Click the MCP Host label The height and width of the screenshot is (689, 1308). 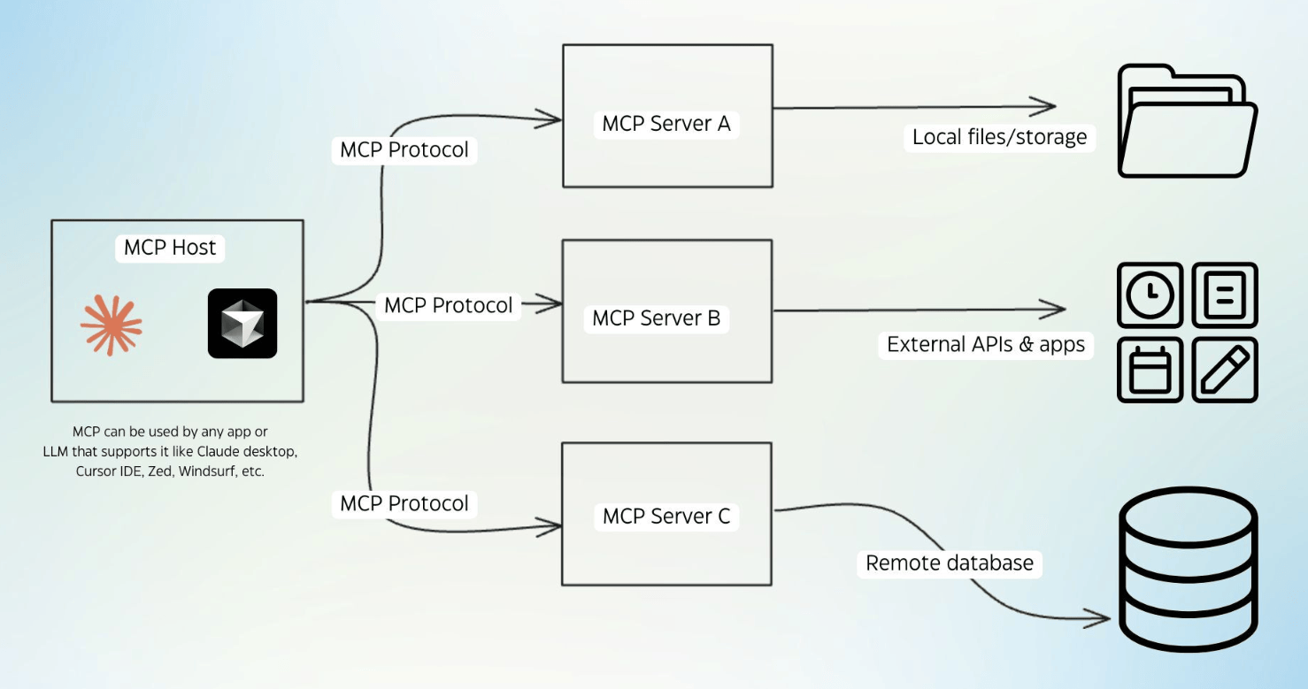(x=170, y=248)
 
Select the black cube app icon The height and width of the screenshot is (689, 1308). (x=242, y=324)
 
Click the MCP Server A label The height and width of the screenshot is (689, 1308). (x=666, y=124)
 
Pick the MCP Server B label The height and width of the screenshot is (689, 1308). (x=657, y=318)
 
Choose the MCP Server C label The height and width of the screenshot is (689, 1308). (x=666, y=517)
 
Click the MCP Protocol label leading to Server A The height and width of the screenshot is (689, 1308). (x=404, y=150)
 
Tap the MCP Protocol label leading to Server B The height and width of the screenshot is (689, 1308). (x=448, y=306)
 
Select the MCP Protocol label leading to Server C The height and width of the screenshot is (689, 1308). (x=404, y=504)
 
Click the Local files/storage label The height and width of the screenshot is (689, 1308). (x=999, y=138)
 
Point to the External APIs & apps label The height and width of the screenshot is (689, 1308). (x=986, y=345)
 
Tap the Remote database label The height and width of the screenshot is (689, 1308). (x=949, y=563)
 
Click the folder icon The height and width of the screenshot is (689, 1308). (x=1187, y=121)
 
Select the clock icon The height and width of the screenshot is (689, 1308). (x=1150, y=295)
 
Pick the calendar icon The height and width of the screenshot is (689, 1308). (x=1150, y=370)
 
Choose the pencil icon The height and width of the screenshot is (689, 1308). (x=1225, y=370)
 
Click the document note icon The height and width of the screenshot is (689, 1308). (x=1225, y=295)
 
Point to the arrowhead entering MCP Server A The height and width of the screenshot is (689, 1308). (x=556, y=119)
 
